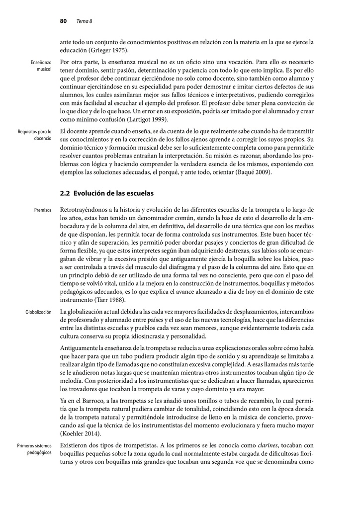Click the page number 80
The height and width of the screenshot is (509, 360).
63,21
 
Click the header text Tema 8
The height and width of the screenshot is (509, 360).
84,21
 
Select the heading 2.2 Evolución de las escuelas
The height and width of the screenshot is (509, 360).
106,193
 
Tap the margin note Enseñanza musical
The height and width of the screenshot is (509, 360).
41,66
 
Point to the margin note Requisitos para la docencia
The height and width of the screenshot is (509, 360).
35,135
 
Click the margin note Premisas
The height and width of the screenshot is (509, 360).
43,210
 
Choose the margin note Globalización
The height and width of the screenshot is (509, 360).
38,312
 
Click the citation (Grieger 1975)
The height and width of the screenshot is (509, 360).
109,51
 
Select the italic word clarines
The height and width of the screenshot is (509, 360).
268,445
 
